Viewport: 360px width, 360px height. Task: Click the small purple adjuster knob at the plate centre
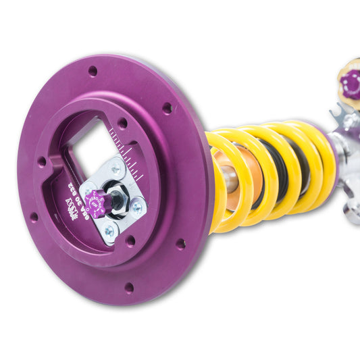[96, 203]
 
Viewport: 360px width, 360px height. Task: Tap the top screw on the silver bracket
[115, 170]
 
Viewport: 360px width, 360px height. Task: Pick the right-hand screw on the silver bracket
[137, 208]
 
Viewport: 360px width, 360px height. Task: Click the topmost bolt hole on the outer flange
[93, 70]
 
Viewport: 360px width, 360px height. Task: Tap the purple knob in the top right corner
[350, 84]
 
